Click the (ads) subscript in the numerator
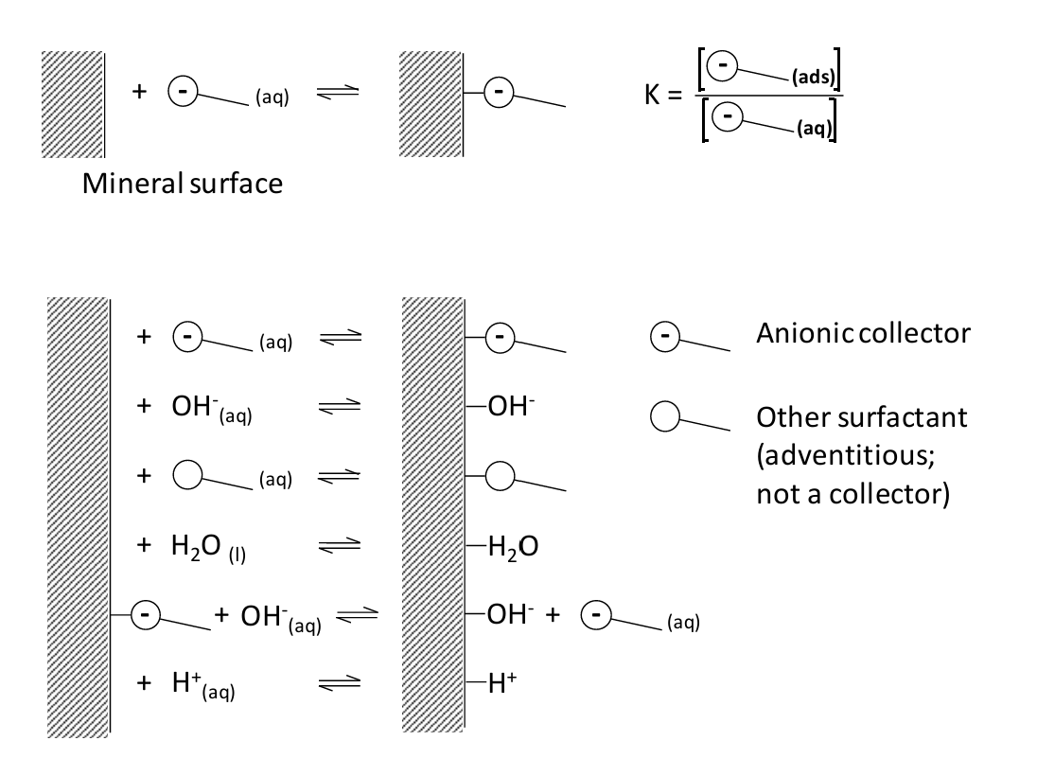[809, 81]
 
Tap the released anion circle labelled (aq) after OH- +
[595, 615]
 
